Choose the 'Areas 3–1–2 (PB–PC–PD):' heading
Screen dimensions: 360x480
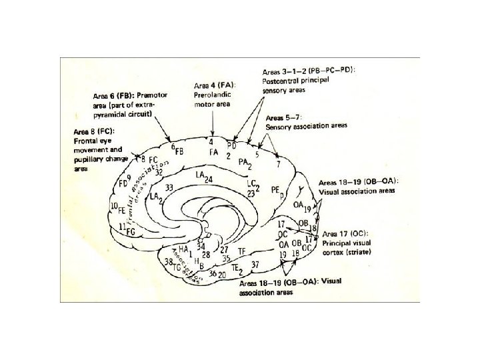[307, 70]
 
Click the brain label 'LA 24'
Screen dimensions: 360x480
[204, 176]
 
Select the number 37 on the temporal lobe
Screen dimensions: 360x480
[255, 265]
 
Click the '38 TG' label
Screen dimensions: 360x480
[172, 264]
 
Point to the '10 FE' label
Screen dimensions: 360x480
[118, 207]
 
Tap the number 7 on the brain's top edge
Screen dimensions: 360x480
[278, 163]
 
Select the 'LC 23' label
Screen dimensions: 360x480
[251, 189]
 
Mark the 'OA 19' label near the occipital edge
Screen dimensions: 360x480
[302, 207]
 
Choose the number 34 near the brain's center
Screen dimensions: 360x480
[201, 248]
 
